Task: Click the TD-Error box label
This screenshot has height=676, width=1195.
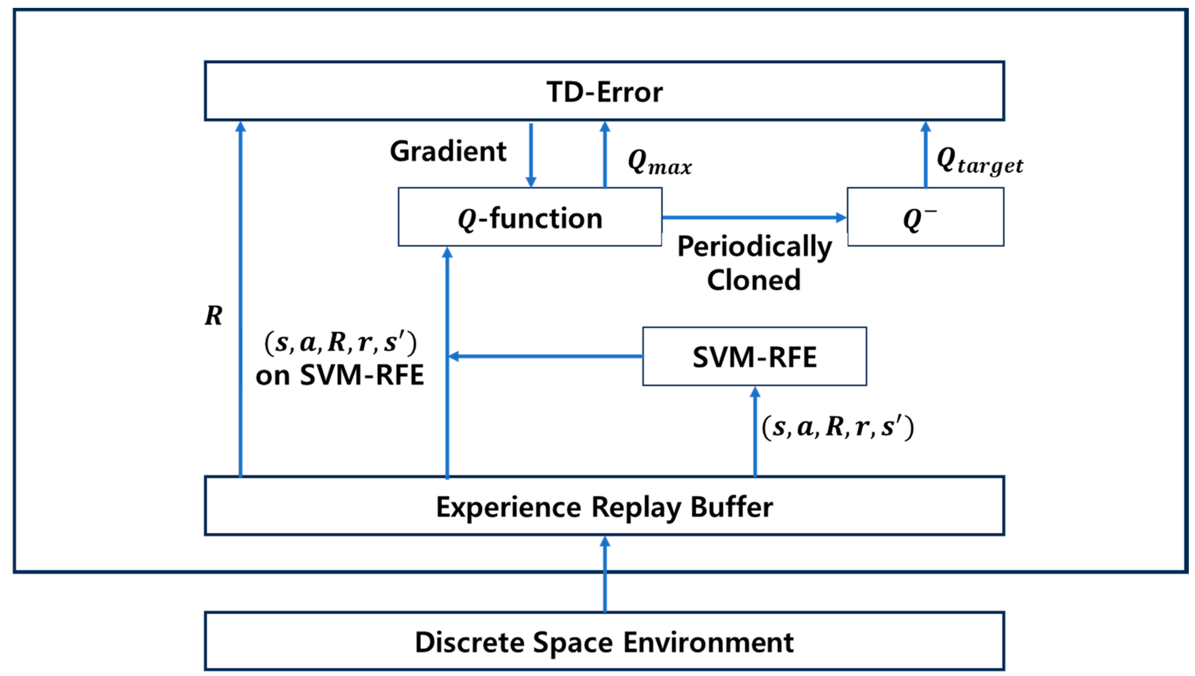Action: tap(604, 92)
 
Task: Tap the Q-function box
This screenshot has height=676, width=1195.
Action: tap(530, 217)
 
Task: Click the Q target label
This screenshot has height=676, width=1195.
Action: tap(979, 161)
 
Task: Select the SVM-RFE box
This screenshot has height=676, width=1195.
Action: tap(754, 357)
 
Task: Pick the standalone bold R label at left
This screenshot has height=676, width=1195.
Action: tap(214, 316)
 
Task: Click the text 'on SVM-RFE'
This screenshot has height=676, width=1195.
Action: tap(339, 375)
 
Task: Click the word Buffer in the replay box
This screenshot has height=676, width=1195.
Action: tap(731, 507)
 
